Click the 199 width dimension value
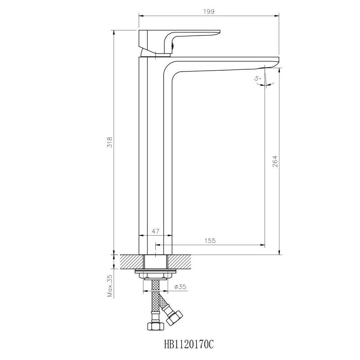(x=209, y=12)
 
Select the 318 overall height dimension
(x=110, y=142)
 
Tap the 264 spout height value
(x=275, y=161)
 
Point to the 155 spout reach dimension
(x=210, y=241)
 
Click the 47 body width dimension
(x=155, y=231)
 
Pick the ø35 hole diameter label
(x=180, y=287)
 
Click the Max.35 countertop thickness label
(x=110, y=286)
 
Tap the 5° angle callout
(x=257, y=78)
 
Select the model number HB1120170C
(x=189, y=344)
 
